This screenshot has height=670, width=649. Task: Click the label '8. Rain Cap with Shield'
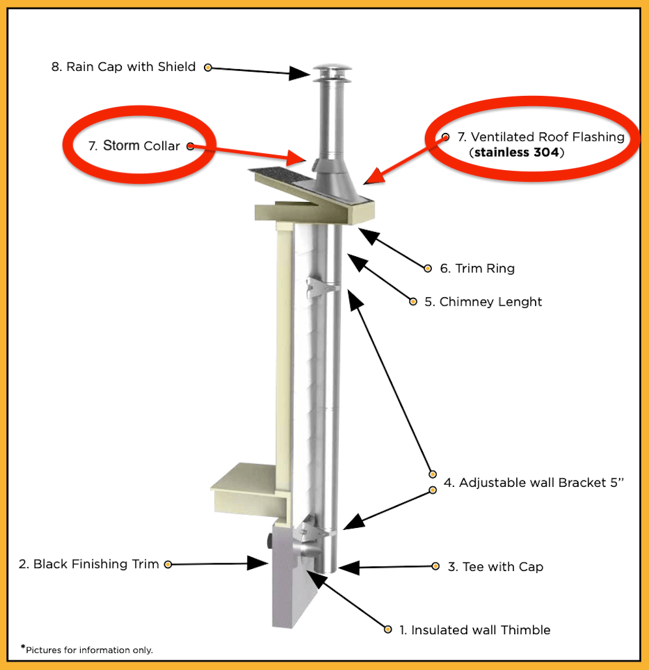(124, 66)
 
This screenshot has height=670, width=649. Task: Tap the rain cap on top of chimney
(332, 73)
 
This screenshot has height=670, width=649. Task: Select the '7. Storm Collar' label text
(134, 146)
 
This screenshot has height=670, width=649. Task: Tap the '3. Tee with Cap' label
(495, 566)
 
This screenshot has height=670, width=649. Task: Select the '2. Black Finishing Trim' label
(89, 564)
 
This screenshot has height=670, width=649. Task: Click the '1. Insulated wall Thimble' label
(475, 630)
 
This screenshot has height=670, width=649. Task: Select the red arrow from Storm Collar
(244, 153)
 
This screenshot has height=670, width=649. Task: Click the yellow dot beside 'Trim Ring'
(428, 269)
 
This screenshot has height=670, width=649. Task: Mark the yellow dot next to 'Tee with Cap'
(435, 566)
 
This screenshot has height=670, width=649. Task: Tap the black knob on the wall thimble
(268, 540)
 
